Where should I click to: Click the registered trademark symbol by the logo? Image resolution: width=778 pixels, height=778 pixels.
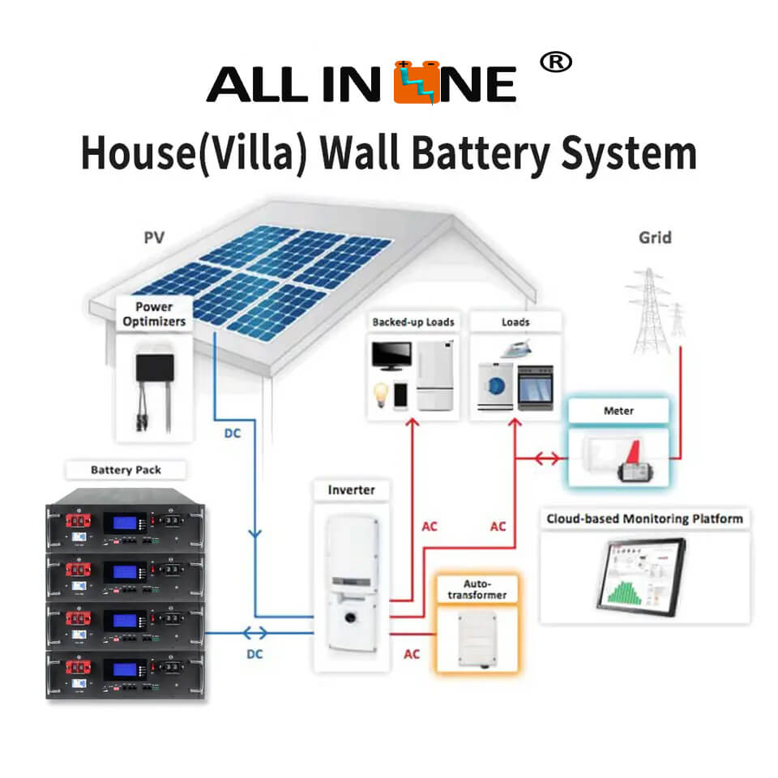(x=555, y=62)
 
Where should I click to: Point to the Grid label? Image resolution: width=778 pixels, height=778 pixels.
(x=654, y=237)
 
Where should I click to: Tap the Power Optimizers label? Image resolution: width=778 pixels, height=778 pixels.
(x=154, y=314)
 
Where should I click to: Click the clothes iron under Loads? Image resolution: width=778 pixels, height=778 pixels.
(x=515, y=348)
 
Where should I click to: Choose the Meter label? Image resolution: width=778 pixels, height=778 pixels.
(x=618, y=411)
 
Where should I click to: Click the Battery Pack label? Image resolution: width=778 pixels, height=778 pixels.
(x=126, y=470)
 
